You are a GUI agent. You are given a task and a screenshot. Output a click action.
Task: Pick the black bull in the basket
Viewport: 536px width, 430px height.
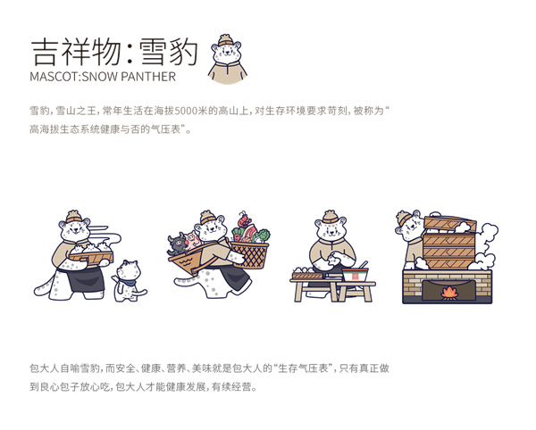click(179, 242)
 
